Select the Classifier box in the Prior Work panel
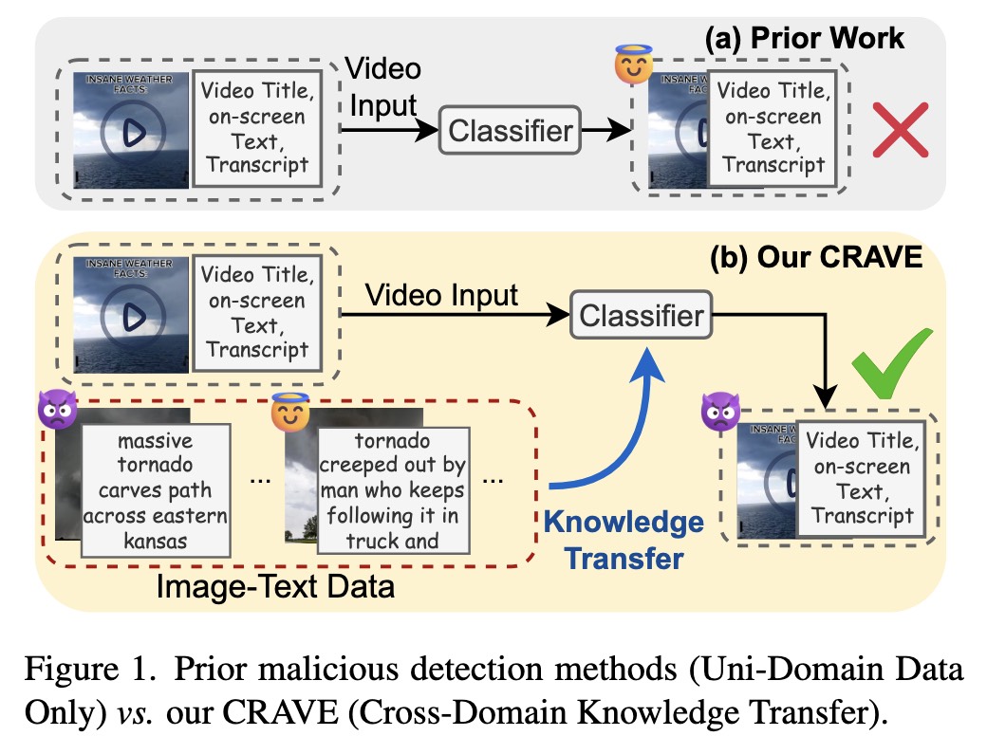coord(512,131)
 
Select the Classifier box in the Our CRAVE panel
coord(642,315)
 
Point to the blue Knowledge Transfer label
coord(624,540)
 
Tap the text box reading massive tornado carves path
coord(156,490)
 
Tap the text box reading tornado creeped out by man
coord(393,490)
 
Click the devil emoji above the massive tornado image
coord(57,410)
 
